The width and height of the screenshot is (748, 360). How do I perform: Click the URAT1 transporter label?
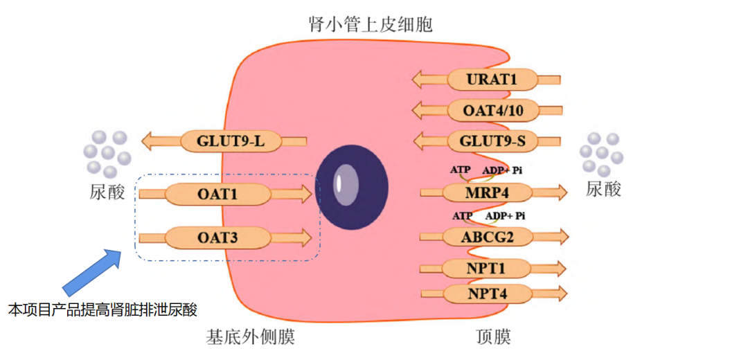[x=492, y=80]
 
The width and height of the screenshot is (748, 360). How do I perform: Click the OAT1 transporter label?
[x=217, y=195]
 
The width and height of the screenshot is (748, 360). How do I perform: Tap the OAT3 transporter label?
[x=217, y=239]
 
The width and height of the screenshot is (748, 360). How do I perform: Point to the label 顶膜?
[x=493, y=337]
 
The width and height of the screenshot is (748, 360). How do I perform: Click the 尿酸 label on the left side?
[x=108, y=191]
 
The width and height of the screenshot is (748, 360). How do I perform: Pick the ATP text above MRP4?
[x=460, y=170]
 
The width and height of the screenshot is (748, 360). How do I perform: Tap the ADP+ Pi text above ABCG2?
[x=505, y=215]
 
